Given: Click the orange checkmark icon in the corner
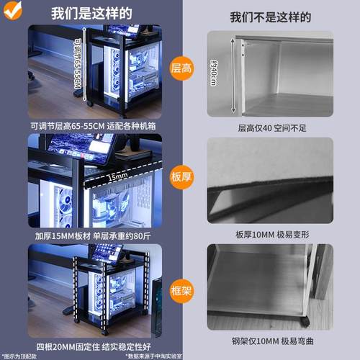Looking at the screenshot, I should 12,9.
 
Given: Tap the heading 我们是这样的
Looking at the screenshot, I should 91,14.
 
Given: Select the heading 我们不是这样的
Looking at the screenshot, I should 270,17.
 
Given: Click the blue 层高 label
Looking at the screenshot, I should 181,69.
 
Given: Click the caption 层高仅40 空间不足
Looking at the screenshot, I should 270,127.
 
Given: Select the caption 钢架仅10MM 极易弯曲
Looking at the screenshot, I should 270,341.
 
